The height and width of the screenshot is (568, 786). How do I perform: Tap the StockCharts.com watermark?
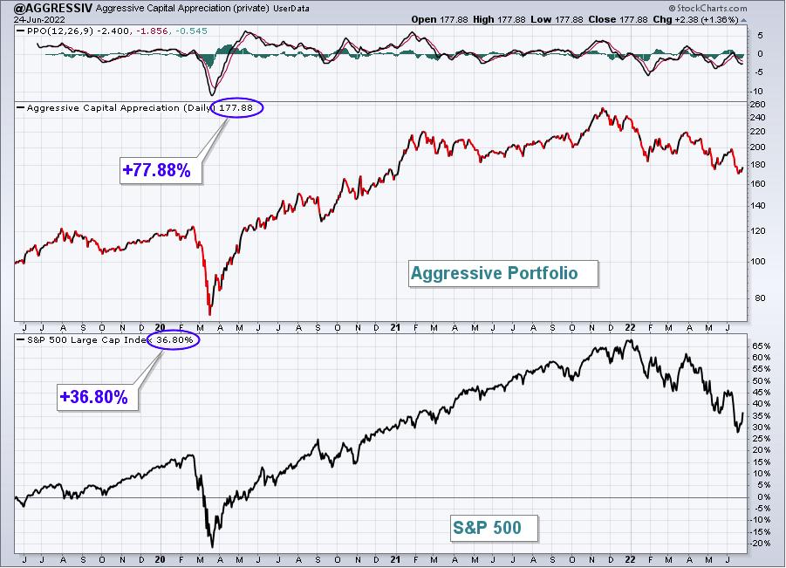click(x=707, y=8)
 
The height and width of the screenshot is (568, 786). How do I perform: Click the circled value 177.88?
click(x=236, y=108)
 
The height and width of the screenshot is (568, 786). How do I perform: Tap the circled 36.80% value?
click(x=174, y=340)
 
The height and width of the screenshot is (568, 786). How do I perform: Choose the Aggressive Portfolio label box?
click(x=503, y=273)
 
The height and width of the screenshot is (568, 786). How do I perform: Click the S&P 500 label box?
click(x=494, y=528)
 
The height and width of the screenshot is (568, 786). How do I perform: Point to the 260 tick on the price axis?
click(x=757, y=105)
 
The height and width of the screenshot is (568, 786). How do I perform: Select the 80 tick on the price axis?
click(x=760, y=298)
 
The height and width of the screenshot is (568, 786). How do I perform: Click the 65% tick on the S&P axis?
click(x=761, y=346)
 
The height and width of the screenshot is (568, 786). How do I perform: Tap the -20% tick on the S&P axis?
click(x=760, y=544)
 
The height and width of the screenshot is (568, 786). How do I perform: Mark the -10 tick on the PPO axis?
click(x=757, y=92)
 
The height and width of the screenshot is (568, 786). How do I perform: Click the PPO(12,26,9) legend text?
click(x=59, y=31)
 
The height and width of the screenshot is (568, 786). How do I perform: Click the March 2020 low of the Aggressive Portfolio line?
click(x=209, y=314)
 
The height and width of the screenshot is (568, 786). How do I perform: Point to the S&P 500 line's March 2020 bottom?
click(x=212, y=546)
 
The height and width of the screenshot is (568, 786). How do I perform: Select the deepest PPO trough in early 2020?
click(x=212, y=94)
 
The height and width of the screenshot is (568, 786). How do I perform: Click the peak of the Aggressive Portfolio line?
click(x=603, y=108)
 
